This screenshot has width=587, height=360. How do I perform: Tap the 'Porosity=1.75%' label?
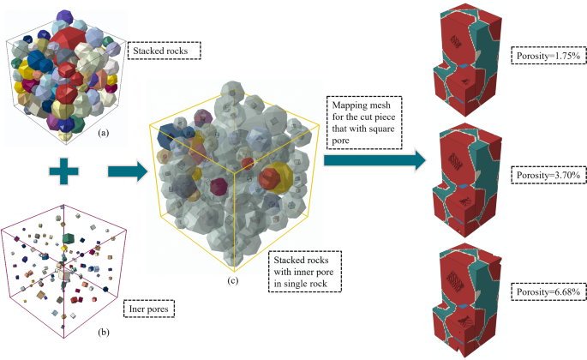(x=547, y=56)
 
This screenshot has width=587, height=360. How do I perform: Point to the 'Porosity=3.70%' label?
(x=547, y=175)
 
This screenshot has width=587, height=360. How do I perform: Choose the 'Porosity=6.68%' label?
(x=547, y=292)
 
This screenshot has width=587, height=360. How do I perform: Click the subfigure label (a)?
(x=104, y=133)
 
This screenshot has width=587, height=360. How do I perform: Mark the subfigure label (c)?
(x=231, y=279)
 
